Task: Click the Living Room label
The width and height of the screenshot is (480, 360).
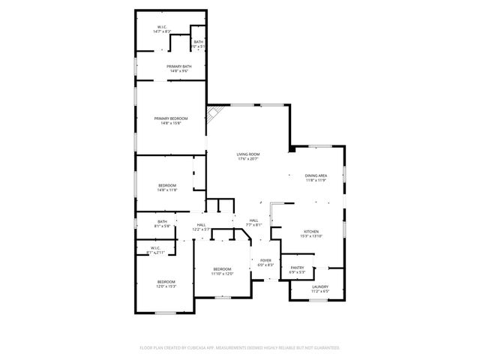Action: (247, 154)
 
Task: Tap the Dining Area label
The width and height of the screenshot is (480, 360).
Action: (316, 175)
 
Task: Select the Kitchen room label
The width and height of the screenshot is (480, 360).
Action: (311, 231)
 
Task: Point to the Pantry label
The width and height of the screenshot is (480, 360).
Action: (297, 267)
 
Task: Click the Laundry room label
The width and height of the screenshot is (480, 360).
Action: (319, 286)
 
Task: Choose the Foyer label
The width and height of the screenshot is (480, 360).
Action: (265, 260)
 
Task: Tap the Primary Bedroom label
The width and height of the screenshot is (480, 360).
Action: (171, 118)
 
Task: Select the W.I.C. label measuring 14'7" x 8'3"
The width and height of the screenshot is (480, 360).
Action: (163, 27)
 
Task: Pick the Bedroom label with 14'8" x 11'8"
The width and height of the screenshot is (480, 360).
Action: (166, 185)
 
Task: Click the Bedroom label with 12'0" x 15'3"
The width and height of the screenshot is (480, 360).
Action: (166, 281)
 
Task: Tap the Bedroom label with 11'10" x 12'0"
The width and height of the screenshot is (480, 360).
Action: (222, 268)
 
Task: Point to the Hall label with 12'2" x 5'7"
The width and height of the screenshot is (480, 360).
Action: (201, 224)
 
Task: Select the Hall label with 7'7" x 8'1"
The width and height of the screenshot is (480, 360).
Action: (253, 220)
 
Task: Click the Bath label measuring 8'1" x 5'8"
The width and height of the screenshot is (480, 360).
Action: (162, 221)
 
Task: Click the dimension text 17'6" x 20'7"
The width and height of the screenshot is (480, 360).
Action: (247, 159)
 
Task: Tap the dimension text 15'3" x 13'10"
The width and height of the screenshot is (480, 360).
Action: (311, 236)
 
